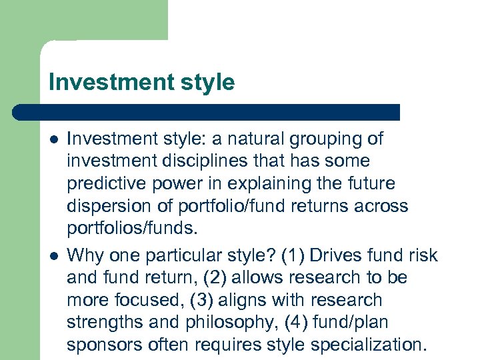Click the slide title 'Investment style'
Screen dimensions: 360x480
coord(141,83)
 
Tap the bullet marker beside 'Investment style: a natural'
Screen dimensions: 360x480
coord(54,139)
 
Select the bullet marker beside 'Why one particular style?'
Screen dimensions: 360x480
coord(54,255)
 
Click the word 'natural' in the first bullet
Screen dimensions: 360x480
coord(260,139)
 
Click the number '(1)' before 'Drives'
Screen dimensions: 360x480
coord(293,254)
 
